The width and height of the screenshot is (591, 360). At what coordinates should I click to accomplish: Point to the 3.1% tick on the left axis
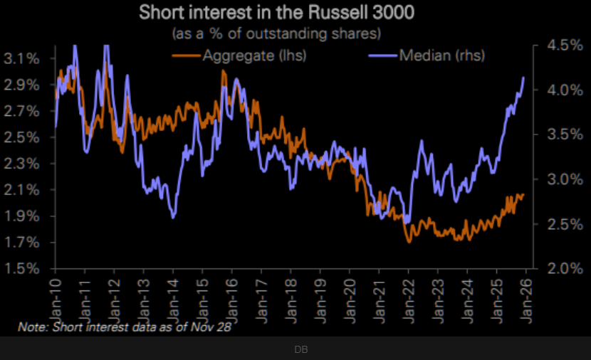[23, 58]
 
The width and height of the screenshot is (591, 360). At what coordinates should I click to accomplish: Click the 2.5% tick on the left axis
[23, 137]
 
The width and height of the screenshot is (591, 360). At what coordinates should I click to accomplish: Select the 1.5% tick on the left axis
[23, 269]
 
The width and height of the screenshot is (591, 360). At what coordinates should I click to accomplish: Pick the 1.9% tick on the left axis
[23, 216]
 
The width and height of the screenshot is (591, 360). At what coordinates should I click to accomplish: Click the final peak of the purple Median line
[524, 77]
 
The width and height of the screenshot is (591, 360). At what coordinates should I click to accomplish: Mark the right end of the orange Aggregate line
[524, 194]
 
